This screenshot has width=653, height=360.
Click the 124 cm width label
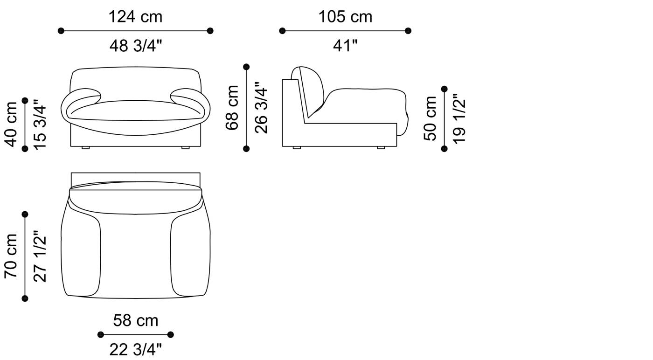[135, 17]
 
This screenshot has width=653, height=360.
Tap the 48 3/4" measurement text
[136, 46]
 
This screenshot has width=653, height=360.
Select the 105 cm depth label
[345, 17]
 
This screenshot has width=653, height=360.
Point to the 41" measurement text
[345, 46]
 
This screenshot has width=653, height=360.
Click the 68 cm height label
[232, 108]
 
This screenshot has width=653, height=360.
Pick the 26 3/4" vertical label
[261, 108]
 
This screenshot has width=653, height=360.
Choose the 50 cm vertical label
[430, 118]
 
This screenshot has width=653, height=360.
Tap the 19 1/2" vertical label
[459, 118]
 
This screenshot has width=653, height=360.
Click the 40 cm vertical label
[11, 125]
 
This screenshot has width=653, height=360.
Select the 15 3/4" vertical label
[40, 125]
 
